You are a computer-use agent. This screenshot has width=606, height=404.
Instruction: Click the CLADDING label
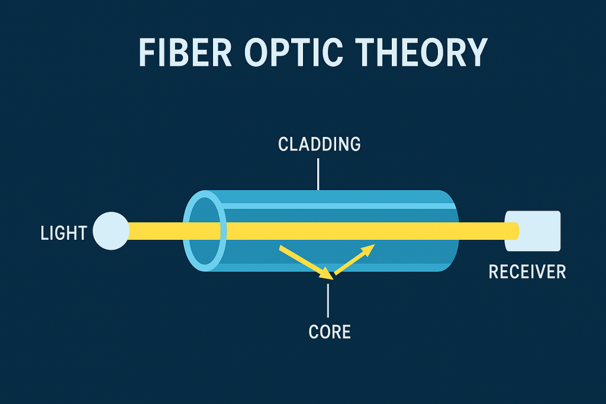[319, 144]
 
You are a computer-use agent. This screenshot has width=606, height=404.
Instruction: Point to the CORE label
[330, 332]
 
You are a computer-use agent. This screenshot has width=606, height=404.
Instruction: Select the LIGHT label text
[63, 233]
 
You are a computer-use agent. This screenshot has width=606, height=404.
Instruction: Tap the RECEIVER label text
[527, 272]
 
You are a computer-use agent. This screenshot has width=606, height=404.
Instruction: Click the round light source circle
[111, 230]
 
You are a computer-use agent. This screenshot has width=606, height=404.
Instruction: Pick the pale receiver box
[539, 230]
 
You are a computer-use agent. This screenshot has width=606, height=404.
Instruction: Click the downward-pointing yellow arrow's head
[325, 274]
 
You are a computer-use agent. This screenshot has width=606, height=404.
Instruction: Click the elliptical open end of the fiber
[205, 230]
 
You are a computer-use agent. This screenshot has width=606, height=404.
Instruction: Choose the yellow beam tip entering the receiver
[512, 230]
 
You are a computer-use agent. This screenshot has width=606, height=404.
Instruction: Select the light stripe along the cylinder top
[331, 206]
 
